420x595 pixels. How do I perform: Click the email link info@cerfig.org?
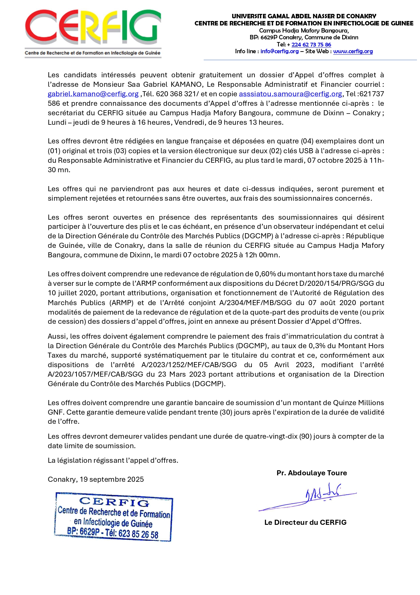tap(280, 51)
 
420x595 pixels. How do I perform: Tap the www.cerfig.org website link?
tap(353, 51)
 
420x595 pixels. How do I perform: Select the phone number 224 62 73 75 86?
tap(311, 44)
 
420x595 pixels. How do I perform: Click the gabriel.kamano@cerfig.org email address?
tap(93, 94)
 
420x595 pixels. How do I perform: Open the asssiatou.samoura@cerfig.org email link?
tap(290, 94)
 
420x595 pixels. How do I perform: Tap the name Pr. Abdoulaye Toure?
tap(312, 473)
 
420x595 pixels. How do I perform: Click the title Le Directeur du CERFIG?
tap(305, 522)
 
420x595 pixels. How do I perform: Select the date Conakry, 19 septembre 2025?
tap(96, 479)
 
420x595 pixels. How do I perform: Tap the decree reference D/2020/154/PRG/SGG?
tap(338, 283)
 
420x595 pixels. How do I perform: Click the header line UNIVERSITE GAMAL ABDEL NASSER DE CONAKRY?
tap(304, 16)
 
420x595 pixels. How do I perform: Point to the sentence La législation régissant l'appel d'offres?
tap(113, 460)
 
